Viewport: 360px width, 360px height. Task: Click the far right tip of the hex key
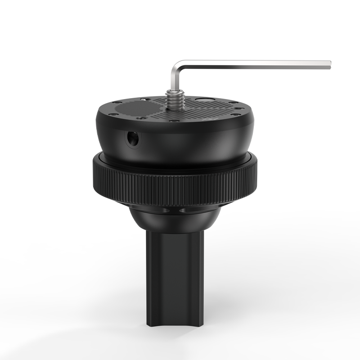pyautogui.click(x=330, y=64)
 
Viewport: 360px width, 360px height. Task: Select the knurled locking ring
pyautogui.click(x=175, y=180)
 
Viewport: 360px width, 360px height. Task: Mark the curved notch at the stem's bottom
pyautogui.click(x=175, y=320)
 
